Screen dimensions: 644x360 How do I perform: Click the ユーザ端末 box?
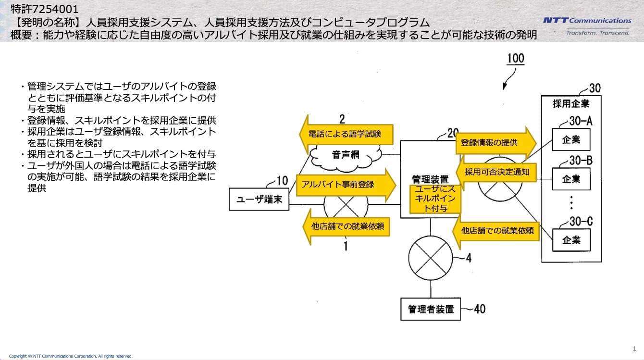click(x=259, y=199)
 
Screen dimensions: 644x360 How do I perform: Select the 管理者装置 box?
click(x=431, y=309)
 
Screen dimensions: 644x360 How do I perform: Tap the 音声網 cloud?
click(x=346, y=157)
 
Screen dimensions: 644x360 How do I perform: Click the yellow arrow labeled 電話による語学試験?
click(x=346, y=134)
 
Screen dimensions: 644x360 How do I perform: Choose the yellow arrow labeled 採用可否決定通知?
click(x=496, y=172)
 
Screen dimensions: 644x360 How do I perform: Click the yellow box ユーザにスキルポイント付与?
click(x=435, y=199)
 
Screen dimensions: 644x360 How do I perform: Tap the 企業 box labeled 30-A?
click(x=571, y=140)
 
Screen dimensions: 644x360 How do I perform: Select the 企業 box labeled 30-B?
click(x=571, y=179)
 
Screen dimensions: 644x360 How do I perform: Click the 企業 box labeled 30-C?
click(x=571, y=240)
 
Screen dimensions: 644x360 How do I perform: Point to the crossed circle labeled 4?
click(x=431, y=258)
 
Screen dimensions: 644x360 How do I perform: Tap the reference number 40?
click(x=480, y=309)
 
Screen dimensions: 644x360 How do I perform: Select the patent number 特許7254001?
click(x=44, y=9)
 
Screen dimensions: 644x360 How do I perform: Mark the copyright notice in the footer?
click(x=71, y=356)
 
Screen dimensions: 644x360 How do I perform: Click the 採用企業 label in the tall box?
click(x=571, y=104)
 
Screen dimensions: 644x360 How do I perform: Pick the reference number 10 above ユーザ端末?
click(x=282, y=181)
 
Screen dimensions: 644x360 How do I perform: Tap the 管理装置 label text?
click(x=430, y=179)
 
